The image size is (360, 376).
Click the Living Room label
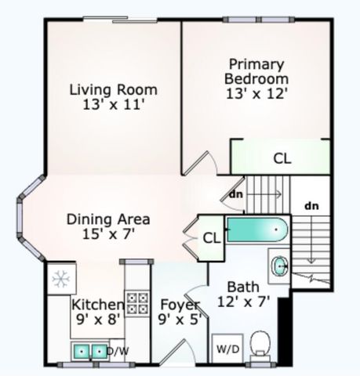tap(113, 89)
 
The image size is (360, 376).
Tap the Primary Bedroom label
tap(256, 70)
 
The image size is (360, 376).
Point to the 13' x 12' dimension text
tap(256, 93)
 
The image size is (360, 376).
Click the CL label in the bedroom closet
tap(282, 157)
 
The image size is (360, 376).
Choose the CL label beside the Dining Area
tap(210, 237)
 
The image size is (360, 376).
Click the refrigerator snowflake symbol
tap(60, 278)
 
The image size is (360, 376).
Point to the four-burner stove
tap(137, 302)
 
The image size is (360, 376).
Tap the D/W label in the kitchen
tap(118, 352)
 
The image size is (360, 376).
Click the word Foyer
tap(180, 304)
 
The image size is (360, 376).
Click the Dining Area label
tap(108, 219)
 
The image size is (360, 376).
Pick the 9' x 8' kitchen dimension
tap(96, 319)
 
